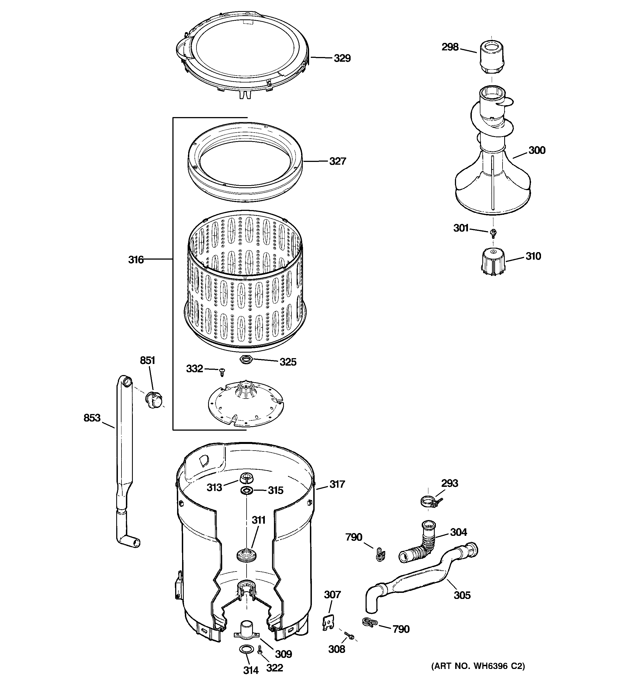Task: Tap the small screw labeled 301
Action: tap(493, 233)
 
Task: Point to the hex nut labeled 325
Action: tap(245, 360)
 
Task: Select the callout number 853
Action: tap(92, 418)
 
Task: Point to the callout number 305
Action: tap(462, 595)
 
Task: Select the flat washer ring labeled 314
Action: tap(245, 649)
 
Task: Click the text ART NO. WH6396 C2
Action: tap(478, 675)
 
